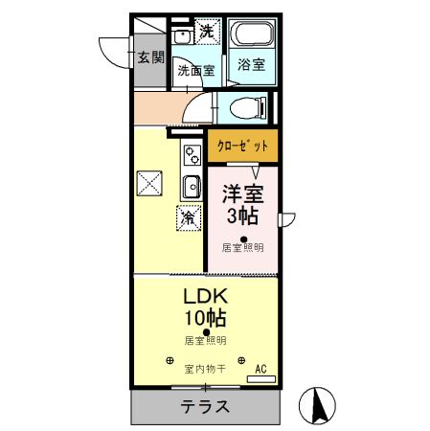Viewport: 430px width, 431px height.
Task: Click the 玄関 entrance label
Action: (149, 57)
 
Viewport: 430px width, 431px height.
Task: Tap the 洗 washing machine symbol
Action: (207, 32)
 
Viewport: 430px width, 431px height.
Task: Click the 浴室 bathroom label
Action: (252, 65)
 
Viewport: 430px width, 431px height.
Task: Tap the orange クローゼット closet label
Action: (242, 147)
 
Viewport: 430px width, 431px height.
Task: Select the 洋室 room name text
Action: (243, 193)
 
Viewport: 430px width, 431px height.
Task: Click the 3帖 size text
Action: (243, 215)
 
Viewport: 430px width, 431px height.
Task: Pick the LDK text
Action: (205, 296)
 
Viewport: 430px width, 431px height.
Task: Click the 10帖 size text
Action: (205, 318)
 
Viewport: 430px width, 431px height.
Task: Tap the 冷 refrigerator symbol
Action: (188, 217)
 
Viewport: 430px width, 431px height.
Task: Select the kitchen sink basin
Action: (191, 185)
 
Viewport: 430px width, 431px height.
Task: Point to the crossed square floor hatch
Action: (149, 182)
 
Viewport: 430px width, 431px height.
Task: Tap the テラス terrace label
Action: (205, 406)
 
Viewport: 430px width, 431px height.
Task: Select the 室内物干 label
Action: (205, 368)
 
